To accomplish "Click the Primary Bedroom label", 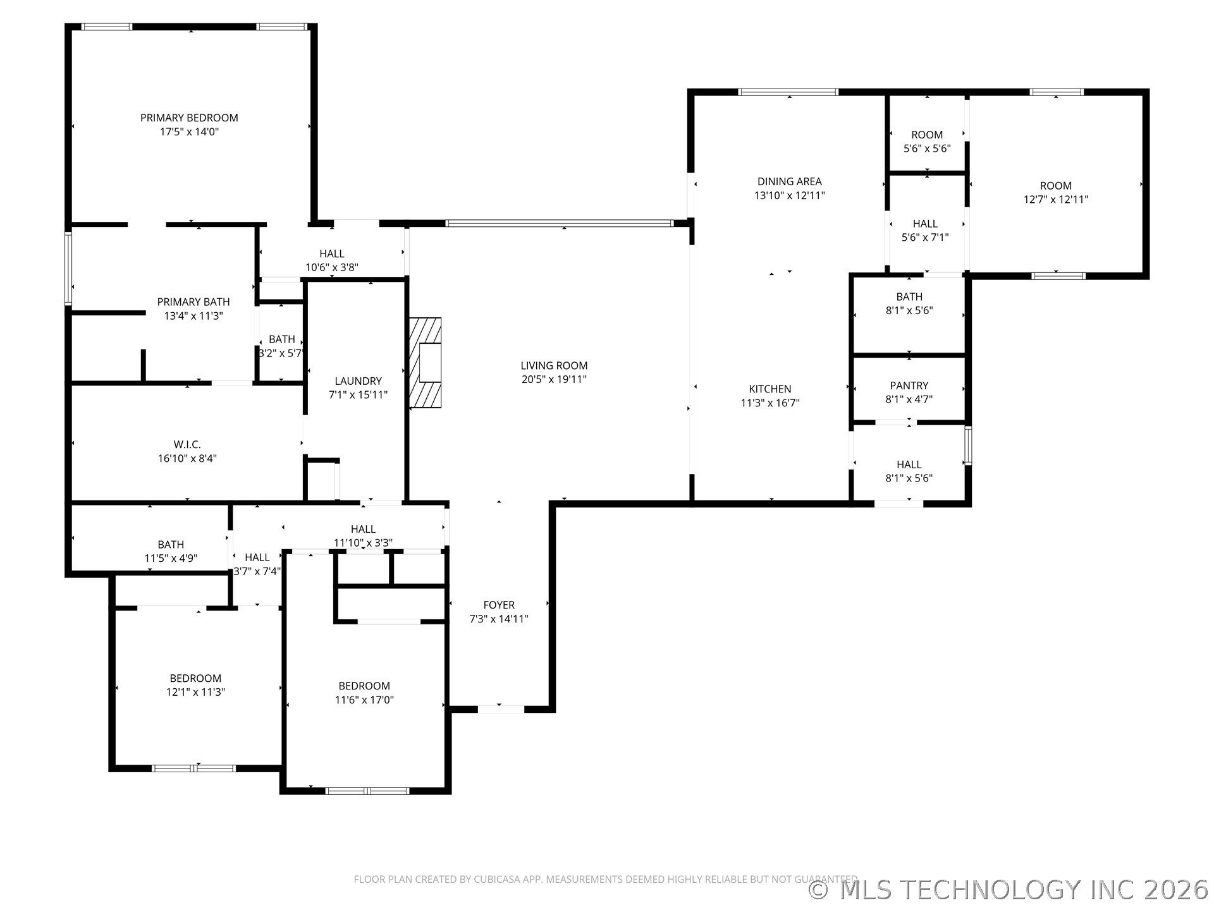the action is (x=189, y=118).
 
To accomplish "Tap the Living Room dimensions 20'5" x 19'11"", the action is (x=554, y=379).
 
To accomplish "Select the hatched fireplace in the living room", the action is (x=426, y=363).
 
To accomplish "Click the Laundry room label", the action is (x=358, y=381).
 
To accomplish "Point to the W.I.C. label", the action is (x=187, y=445).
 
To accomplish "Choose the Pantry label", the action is (x=909, y=385).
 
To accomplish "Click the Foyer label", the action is (x=499, y=605).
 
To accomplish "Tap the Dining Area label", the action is (x=790, y=181).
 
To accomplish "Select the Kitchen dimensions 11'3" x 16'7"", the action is (x=770, y=403).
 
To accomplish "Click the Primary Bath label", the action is (x=193, y=302).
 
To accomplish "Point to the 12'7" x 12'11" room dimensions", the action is (x=1056, y=200).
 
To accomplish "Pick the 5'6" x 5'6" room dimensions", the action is (x=927, y=149).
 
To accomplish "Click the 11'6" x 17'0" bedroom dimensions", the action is (x=364, y=700).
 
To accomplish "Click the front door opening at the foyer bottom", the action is (x=500, y=709).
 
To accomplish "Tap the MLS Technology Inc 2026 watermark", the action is (x=1009, y=890).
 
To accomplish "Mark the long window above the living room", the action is (x=560, y=223).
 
